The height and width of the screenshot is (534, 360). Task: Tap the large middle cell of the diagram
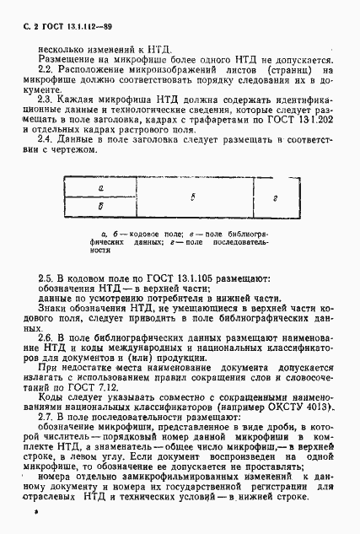194,197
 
